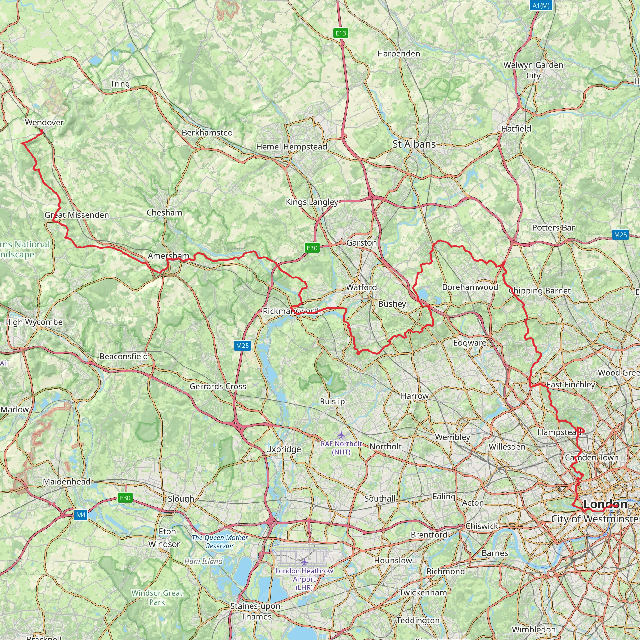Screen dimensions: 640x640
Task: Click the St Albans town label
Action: click(414, 144)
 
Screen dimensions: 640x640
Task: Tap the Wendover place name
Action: click(44, 122)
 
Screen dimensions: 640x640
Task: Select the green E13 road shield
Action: click(341, 33)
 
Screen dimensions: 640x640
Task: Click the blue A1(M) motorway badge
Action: click(541, 6)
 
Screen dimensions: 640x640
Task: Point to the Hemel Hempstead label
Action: click(292, 147)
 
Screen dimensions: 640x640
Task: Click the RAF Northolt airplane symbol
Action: click(341, 435)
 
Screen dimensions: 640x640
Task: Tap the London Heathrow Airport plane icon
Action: click(304, 562)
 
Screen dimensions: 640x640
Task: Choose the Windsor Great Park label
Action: click(157, 597)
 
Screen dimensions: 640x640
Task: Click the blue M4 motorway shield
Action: click(81, 515)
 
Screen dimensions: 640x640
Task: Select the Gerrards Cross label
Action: click(217, 386)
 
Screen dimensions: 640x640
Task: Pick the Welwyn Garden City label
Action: click(533, 70)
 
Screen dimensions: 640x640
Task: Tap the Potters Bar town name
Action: click(553, 227)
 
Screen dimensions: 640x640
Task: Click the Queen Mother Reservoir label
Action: click(220, 542)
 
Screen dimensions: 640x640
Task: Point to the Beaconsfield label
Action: click(123, 357)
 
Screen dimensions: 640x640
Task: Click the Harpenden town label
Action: click(398, 54)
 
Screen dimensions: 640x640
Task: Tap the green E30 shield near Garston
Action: click(312, 248)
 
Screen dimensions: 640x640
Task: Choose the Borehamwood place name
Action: click(470, 287)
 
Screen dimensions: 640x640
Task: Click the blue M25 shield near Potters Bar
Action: click(620, 235)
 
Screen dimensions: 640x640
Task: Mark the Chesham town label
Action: click(164, 213)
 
